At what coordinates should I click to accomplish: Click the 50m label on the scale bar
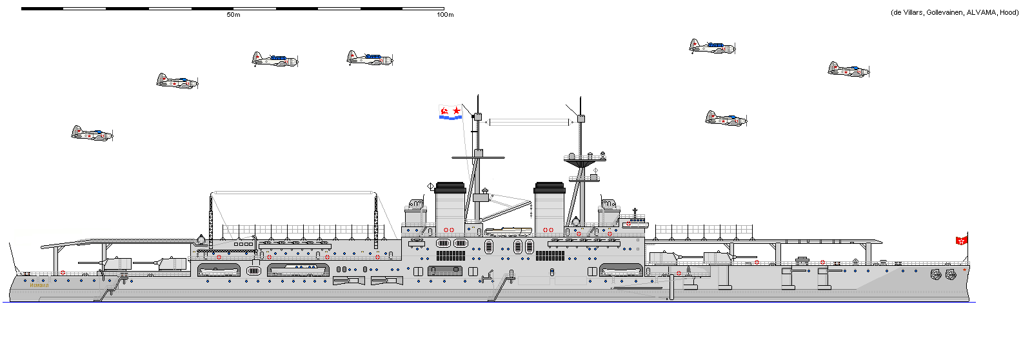click(x=233, y=15)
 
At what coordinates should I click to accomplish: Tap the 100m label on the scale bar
click(x=445, y=15)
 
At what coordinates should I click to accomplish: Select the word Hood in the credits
click(x=1009, y=12)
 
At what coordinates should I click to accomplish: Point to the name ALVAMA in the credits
click(x=981, y=12)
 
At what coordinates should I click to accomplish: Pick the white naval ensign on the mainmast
click(x=450, y=112)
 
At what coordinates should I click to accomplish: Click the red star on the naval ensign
click(x=457, y=111)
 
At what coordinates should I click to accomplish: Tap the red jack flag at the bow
click(x=961, y=241)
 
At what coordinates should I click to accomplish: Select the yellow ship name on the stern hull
click(x=39, y=285)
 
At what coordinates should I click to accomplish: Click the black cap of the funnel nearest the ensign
click(x=450, y=188)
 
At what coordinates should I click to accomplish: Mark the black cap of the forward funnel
click(x=550, y=188)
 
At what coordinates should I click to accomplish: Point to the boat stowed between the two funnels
click(x=508, y=230)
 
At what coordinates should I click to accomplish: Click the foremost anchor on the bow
click(x=950, y=275)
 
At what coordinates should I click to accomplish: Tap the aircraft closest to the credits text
click(x=848, y=69)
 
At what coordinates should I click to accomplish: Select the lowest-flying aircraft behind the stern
click(x=92, y=134)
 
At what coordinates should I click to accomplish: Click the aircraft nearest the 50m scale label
click(x=275, y=59)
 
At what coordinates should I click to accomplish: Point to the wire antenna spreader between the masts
click(x=530, y=121)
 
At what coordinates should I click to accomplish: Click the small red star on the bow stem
click(x=964, y=270)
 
